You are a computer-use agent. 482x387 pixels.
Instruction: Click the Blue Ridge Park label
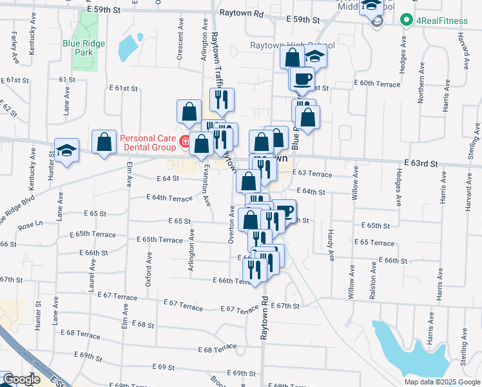[84, 48]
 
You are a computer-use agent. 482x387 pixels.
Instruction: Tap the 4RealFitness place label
[442, 21]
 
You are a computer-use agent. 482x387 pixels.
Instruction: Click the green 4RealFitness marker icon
[406, 21]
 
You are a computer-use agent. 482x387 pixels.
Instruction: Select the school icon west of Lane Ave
[67, 150]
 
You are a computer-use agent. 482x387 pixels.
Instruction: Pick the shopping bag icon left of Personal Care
[104, 141]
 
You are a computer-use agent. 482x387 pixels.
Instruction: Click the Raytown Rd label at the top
[242, 13]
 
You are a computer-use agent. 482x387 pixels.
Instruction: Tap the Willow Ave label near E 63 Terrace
[354, 183]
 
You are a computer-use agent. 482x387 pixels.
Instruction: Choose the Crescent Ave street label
[181, 44]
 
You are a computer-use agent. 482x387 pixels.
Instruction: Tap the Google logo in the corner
[21, 380]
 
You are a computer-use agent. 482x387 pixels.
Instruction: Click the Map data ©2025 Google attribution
[441, 382]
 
